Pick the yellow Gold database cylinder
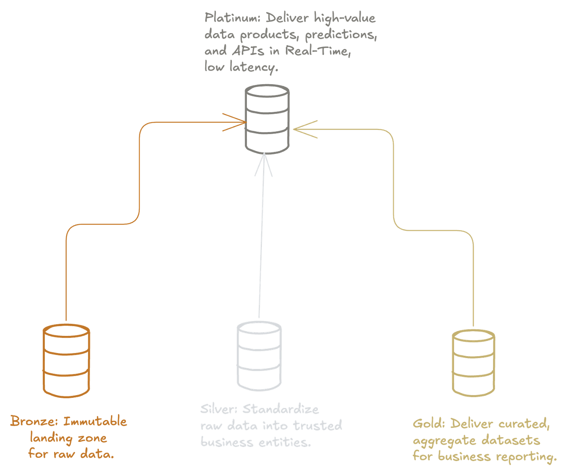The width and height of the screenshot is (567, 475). click(473, 362)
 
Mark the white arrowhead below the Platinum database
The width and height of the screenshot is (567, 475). click(264, 164)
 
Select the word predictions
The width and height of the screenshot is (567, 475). click(341, 35)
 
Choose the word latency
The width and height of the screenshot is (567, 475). click(254, 67)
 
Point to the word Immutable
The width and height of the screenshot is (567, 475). click(95, 422)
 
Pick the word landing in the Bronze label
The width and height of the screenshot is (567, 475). click(51, 438)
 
